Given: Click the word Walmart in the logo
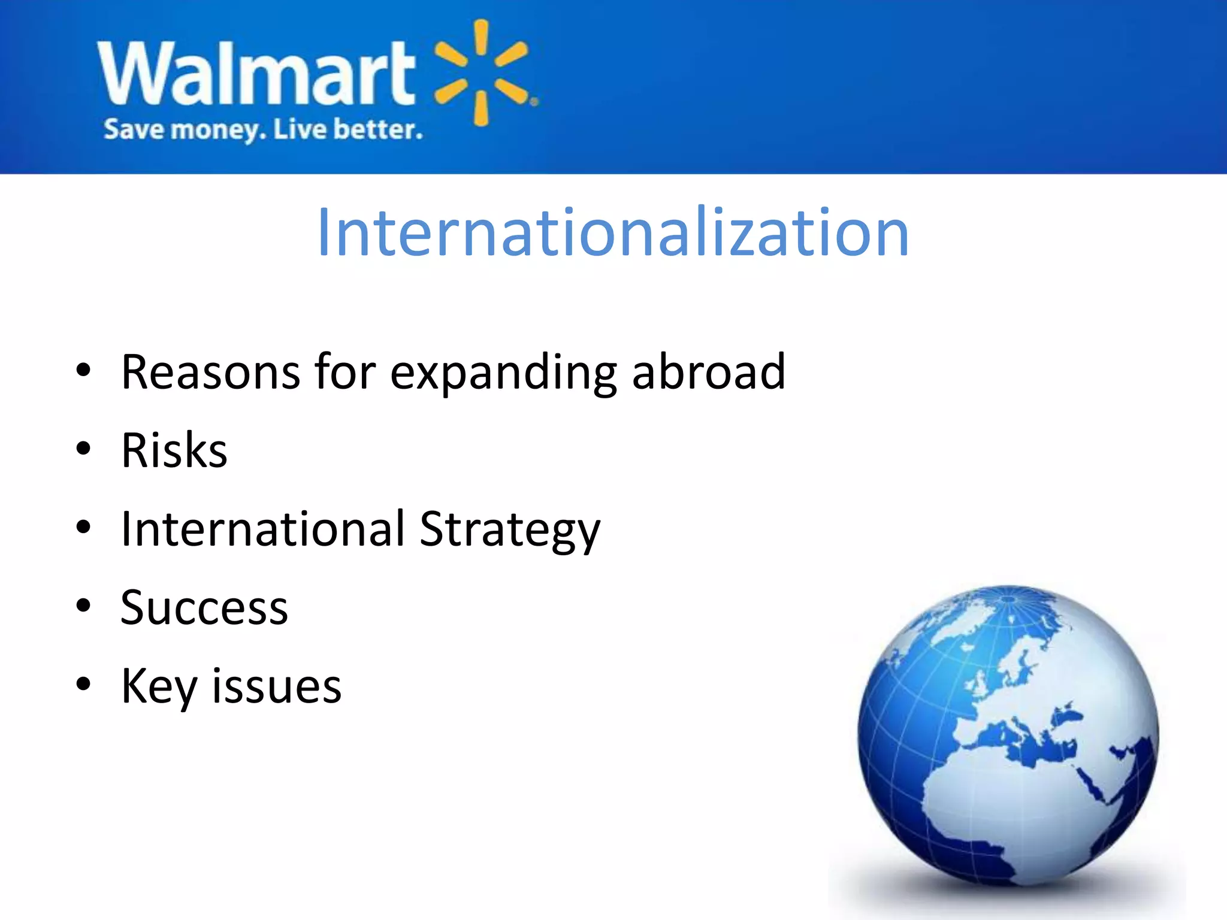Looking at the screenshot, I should (256, 73).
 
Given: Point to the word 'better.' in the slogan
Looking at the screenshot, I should (378, 130).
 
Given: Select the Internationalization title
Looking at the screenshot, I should (613, 232).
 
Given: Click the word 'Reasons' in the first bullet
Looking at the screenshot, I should (210, 373).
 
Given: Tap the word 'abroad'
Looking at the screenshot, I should (708, 373).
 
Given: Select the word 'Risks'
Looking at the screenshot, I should (174, 450).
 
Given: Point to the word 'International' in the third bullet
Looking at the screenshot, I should (263, 529).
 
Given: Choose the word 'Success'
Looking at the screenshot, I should (204, 608).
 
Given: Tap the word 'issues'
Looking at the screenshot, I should (277, 686).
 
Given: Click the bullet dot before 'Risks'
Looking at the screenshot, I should (83, 449).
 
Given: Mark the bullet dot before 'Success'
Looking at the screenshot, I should (83, 606).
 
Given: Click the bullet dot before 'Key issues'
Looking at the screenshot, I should (83, 684).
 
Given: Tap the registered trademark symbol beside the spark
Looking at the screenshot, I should (534, 102).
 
